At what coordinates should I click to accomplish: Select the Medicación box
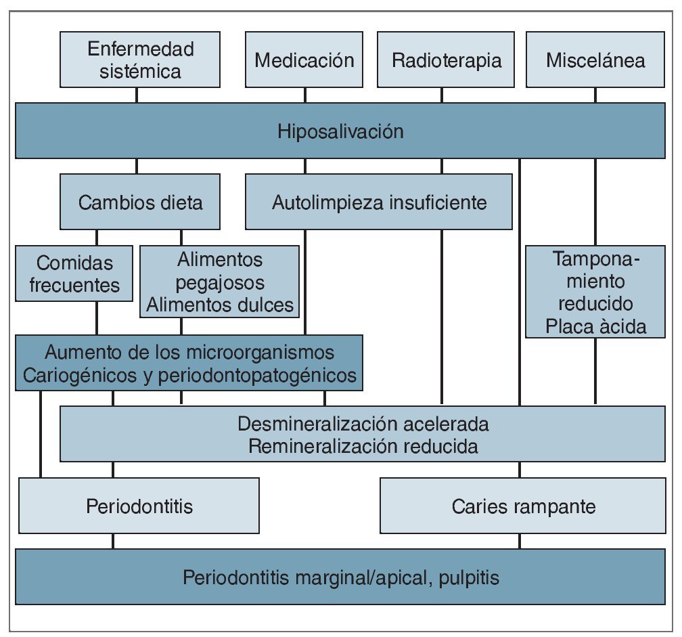click(304, 60)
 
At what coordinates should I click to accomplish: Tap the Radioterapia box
click(447, 60)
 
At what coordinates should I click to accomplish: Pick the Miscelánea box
click(595, 60)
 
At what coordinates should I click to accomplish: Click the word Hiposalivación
click(340, 131)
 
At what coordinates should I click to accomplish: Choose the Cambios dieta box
click(140, 202)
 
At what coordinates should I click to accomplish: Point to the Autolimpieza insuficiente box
click(379, 202)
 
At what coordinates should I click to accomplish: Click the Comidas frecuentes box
click(74, 273)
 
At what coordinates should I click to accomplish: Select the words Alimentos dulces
click(221, 305)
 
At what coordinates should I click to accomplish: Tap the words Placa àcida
click(595, 326)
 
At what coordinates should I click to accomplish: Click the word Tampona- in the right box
click(595, 259)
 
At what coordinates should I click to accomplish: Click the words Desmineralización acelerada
click(363, 424)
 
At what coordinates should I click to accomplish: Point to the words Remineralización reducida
click(363, 446)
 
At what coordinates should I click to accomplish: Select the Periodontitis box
click(139, 506)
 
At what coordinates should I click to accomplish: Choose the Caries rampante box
click(522, 506)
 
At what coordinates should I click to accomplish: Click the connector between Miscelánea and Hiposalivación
click(595, 95)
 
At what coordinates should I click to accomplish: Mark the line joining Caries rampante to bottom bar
click(520, 541)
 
